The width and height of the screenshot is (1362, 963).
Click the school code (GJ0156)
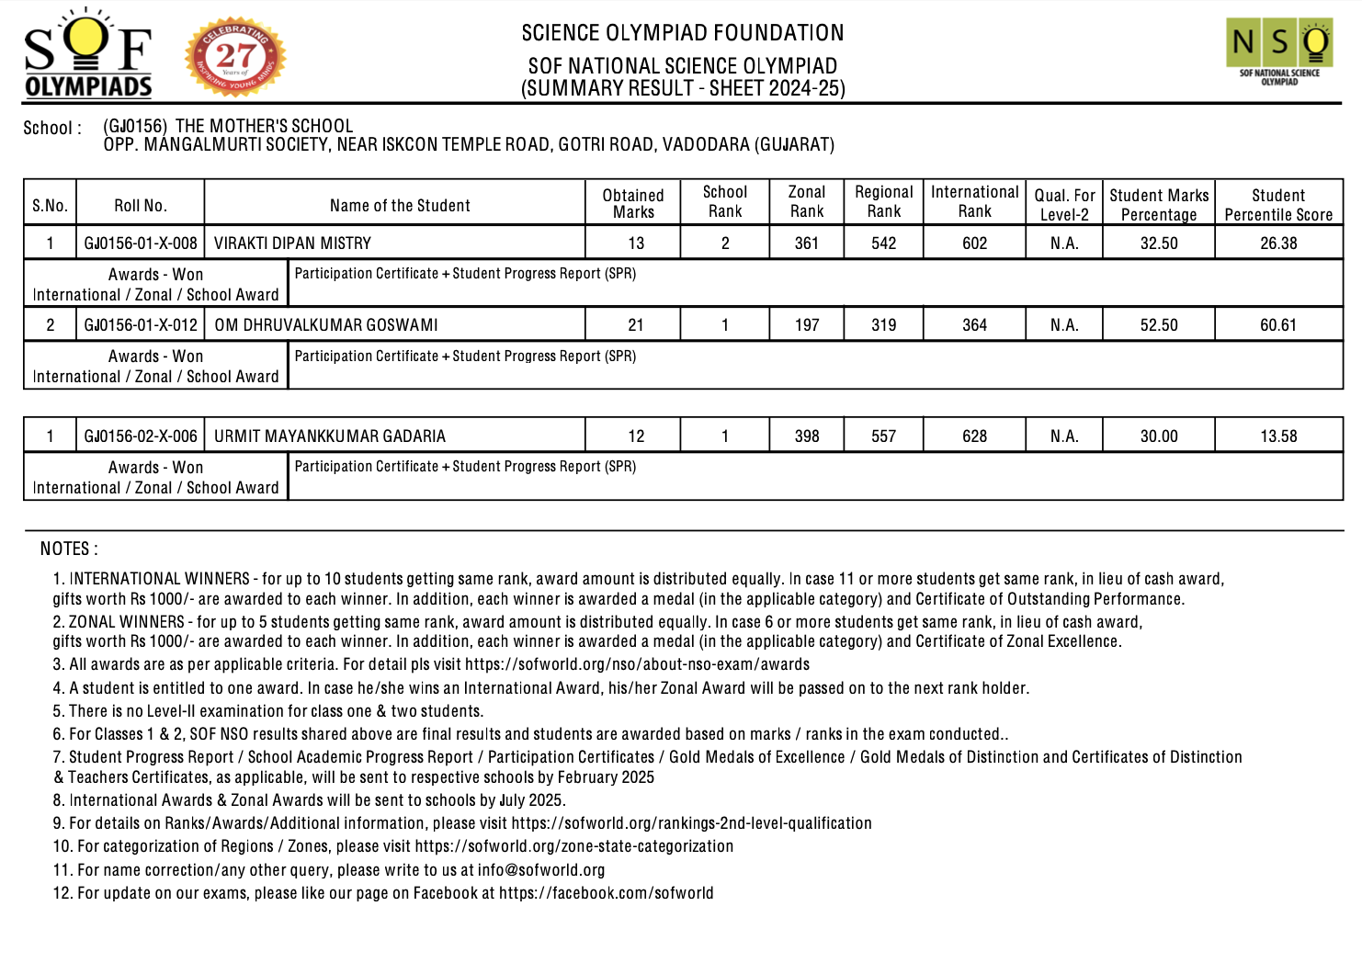135,126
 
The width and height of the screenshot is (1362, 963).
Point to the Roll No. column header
141,206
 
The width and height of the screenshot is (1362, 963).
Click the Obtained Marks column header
633,203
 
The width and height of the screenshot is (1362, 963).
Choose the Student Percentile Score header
1278,205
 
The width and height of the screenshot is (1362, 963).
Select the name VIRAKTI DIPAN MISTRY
292,244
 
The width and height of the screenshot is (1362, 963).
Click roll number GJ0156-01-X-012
141,325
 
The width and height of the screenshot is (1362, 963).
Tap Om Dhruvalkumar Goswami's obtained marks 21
635,325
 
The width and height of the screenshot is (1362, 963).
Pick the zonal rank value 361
807,244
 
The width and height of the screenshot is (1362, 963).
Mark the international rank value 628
974,436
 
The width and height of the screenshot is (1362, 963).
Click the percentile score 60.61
1278,325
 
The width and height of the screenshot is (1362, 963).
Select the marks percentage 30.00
1159,436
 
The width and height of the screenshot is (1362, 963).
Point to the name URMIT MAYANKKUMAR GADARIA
330,436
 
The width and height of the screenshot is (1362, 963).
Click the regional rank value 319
883,325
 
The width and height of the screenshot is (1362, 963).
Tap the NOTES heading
68,549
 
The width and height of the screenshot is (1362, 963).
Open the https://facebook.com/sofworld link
606,893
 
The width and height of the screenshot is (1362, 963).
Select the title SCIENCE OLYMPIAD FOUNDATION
683,33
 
